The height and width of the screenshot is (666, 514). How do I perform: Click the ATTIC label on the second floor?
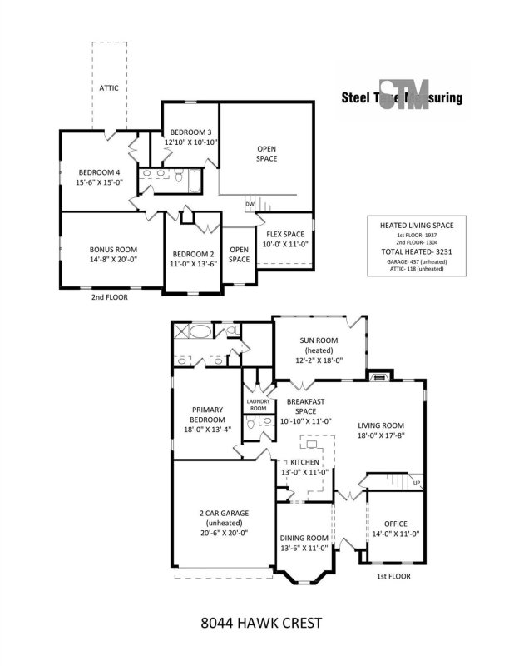[x=109, y=87]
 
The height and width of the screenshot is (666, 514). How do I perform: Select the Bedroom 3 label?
[x=190, y=132]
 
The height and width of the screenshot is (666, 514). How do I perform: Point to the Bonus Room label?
[x=113, y=249]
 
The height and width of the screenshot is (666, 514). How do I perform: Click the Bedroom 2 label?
[x=193, y=254]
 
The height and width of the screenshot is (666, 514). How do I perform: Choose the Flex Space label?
[x=284, y=234]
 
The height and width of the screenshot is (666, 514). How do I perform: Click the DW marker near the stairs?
[x=249, y=203]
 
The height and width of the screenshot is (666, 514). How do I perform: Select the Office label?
[x=396, y=523]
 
